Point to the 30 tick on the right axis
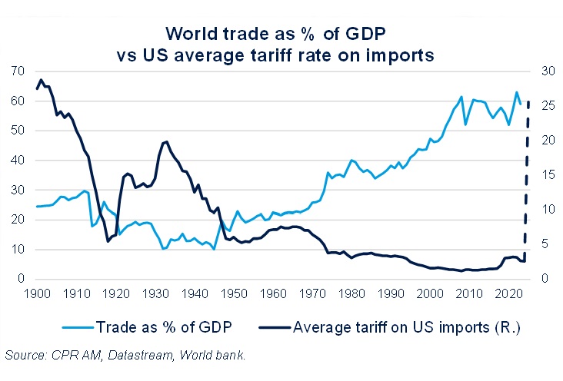click(543, 71)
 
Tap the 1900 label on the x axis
click(37, 293)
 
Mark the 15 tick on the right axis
click(543, 175)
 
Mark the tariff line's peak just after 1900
click(41, 79)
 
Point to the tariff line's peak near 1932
click(166, 141)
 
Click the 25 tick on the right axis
click(543, 106)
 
